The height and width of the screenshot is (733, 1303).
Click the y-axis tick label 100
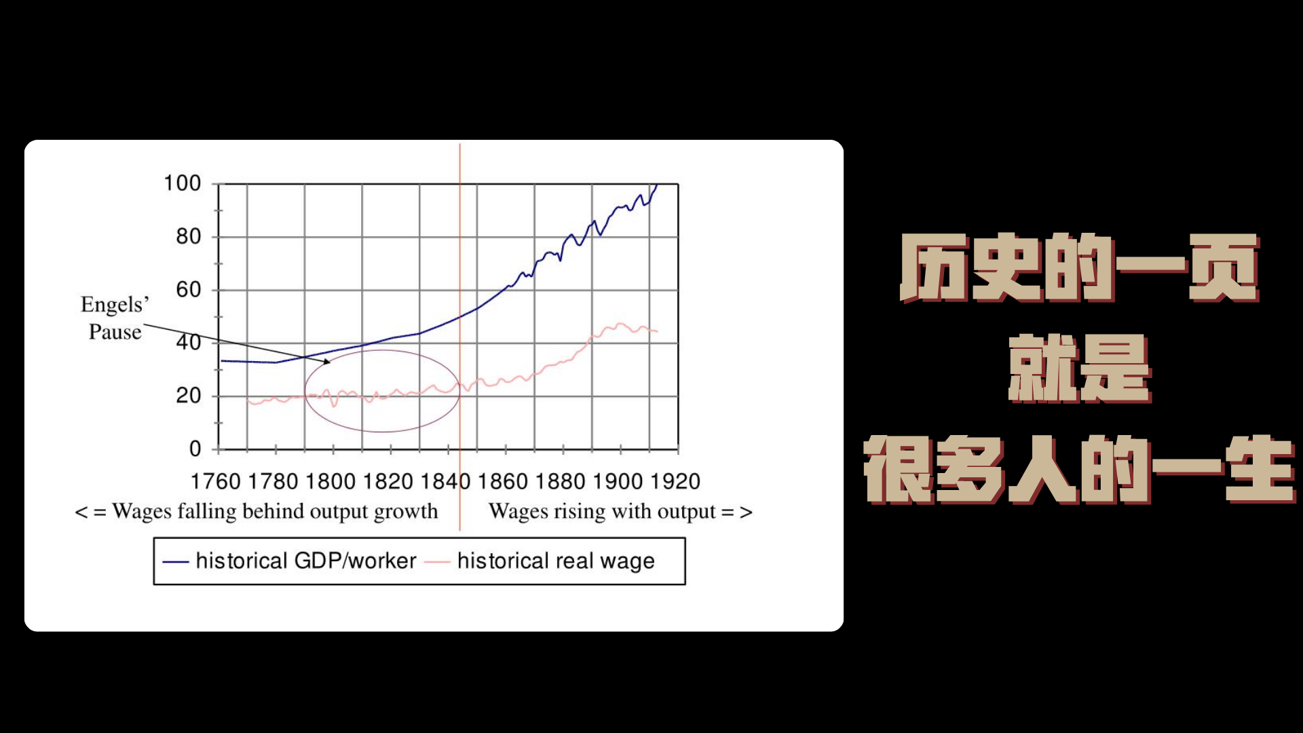pos(183,183)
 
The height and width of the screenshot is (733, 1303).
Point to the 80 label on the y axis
pos(189,237)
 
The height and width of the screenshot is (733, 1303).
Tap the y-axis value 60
pos(189,290)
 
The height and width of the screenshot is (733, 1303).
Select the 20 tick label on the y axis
pos(189,396)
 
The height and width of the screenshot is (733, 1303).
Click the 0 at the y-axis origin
pos(195,449)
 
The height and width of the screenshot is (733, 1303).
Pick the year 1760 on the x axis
pos(216,481)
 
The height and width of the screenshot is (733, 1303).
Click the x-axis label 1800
pos(331,481)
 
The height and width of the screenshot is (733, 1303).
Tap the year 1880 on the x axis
pos(561,481)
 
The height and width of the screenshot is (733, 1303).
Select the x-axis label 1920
pos(675,481)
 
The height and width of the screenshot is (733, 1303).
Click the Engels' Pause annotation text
pos(115,318)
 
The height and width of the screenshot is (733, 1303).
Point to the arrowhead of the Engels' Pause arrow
pos(328,362)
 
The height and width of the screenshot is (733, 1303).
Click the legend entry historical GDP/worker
pos(289,561)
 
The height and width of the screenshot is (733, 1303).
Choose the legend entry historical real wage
pos(540,561)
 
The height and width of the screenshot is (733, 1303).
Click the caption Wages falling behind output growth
pos(257,512)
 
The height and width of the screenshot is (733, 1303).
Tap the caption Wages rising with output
pos(620,512)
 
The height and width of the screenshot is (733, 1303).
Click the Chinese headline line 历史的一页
pos(1079,267)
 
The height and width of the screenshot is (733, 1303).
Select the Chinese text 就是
pos(1079,369)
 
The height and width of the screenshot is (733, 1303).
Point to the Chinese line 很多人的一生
pos(1079,470)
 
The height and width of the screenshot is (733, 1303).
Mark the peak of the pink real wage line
pos(620,324)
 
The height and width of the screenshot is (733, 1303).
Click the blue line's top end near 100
pos(656,185)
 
